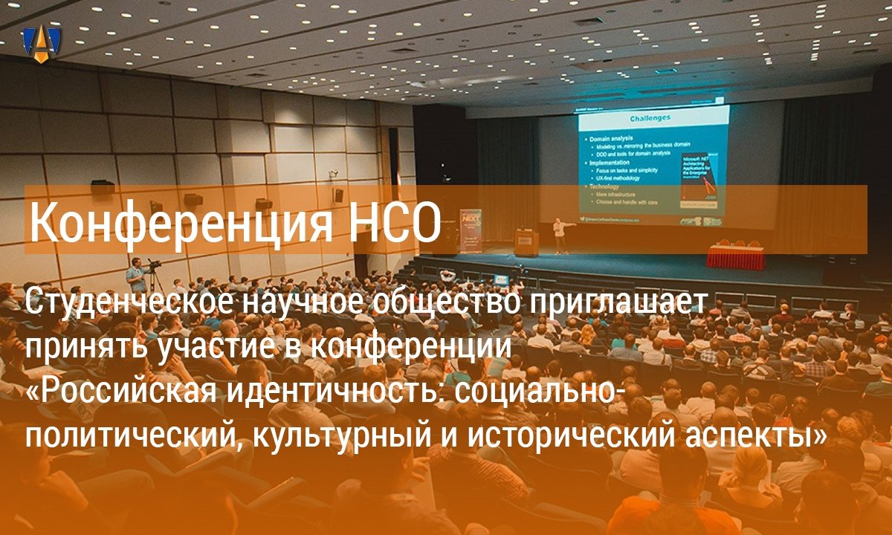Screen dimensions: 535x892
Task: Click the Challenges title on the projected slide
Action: [x=650, y=117]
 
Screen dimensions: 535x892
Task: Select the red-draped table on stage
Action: [x=735, y=257]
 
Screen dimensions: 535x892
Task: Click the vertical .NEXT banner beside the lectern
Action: [x=471, y=230]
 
